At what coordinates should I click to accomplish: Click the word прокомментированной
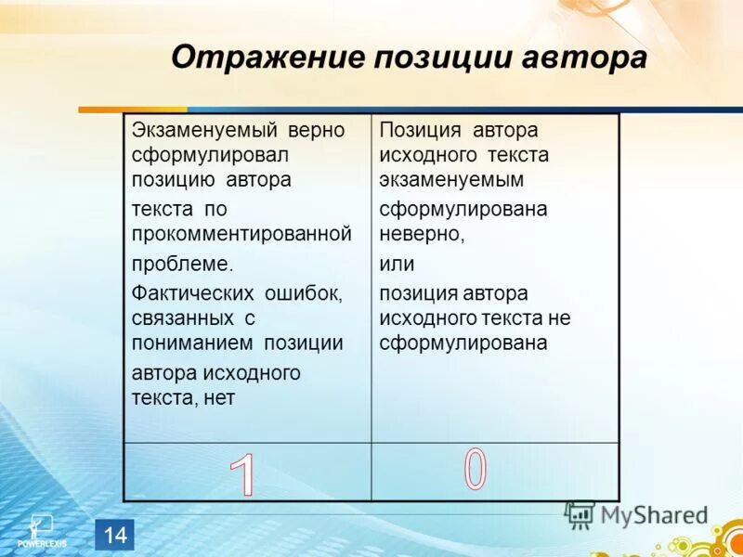(241, 234)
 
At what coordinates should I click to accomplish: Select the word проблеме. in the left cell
(182, 263)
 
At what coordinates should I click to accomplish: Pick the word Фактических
(193, 293)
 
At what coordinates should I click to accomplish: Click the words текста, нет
(183, 397)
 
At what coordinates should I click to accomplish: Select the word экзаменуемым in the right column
(450, 179)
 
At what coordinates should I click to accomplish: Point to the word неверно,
(421, 234)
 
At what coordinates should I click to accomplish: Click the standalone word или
(396, 264)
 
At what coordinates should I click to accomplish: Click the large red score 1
(242, 476)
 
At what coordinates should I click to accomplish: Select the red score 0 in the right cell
(475, 469)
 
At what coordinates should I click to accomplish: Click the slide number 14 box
(115, 534)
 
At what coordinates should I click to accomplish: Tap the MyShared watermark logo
(636, 514)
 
